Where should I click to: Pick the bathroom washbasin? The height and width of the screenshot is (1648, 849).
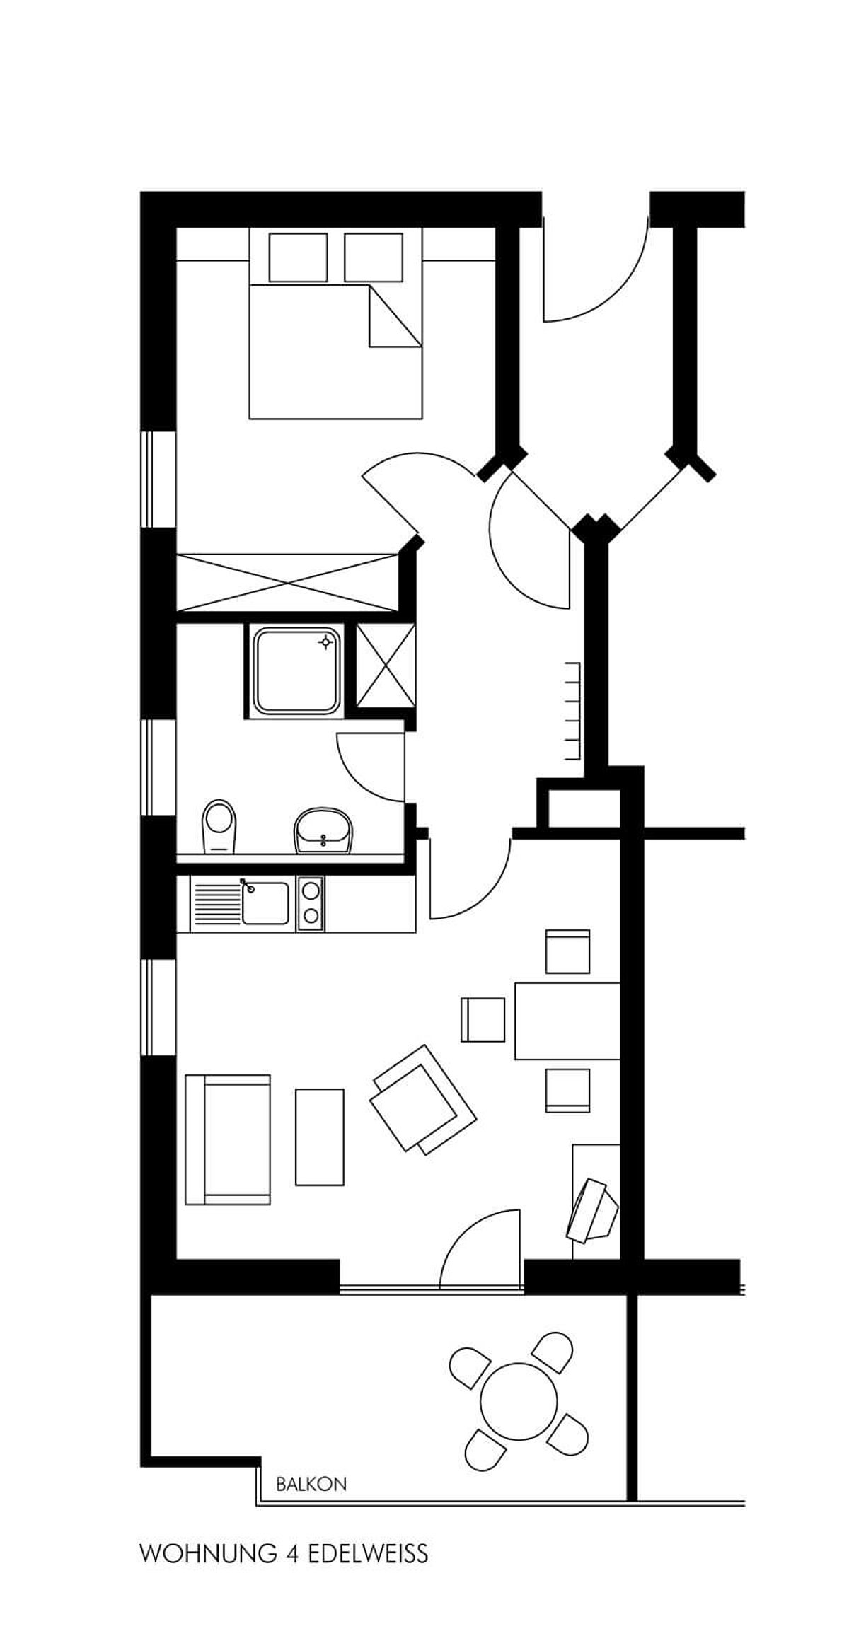pos(324,830)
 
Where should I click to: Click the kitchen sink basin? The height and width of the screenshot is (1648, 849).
pos(265,903)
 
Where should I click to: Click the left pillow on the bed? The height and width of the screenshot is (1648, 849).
pos(298,257)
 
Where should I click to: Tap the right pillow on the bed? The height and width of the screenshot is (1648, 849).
pos(374,257)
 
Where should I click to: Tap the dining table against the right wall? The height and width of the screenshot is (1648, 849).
pos(567,1020)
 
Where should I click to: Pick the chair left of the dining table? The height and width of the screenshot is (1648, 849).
pos(483,1019)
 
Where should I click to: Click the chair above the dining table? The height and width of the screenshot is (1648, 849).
pos(567,951)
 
